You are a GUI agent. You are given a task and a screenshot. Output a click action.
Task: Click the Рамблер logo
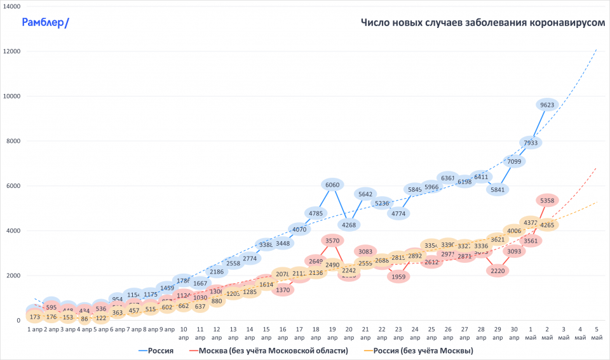(46, 23)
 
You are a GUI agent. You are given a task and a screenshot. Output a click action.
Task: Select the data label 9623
(546, 105)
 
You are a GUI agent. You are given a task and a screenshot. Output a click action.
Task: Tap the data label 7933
(530, 142)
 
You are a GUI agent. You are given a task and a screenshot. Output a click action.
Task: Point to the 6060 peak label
(332, 185)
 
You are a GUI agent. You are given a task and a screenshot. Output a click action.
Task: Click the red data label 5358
(546, 201)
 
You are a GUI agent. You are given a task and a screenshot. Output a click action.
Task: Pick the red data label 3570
(332, 241)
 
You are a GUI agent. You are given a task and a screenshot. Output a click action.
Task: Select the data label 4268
(349, 225)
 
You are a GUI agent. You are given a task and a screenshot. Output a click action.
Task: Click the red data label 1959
(398, 276)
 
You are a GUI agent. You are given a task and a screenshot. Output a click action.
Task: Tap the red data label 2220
(498, 270)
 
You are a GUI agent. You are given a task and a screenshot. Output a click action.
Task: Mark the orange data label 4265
(546, 225)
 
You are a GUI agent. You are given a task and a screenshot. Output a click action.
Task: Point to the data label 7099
(514, 161)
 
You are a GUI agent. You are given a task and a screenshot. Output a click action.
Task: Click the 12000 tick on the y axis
(12, 51)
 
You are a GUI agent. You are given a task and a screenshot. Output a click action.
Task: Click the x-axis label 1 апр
(35, 330)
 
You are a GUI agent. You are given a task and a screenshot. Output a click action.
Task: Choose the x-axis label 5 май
(596, 333)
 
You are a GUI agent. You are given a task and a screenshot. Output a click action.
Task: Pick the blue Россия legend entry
(156, 350)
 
